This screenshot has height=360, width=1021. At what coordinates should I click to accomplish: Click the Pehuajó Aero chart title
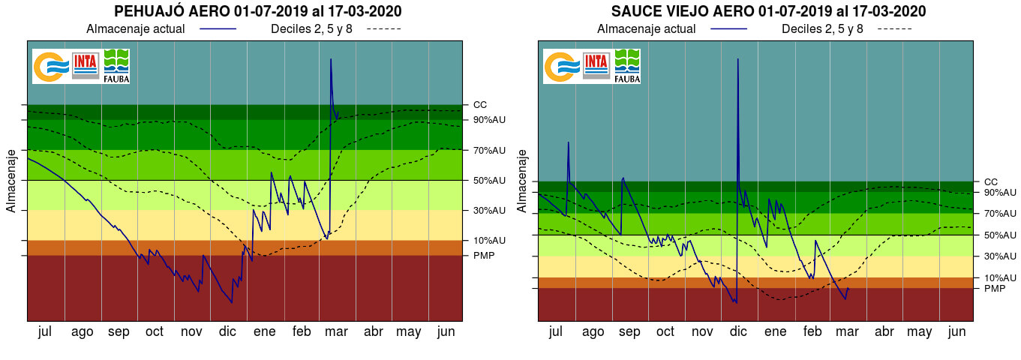[257, 11]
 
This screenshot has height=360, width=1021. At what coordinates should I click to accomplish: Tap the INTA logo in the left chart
[86, 65]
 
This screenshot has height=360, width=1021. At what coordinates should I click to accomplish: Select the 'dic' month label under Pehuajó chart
[228, 331]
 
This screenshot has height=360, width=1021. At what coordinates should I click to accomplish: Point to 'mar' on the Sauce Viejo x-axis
[847, 331]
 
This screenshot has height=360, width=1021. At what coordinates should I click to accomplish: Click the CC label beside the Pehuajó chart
[480, 105]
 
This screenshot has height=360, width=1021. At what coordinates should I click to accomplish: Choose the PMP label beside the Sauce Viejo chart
[994, 289]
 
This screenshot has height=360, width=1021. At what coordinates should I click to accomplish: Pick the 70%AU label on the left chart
[489, 150]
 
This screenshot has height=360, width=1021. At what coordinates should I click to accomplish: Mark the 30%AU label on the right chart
[1000, 256]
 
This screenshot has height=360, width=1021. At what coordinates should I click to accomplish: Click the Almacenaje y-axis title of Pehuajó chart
[11, 180]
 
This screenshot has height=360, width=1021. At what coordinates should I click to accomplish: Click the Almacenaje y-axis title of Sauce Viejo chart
[522, 180]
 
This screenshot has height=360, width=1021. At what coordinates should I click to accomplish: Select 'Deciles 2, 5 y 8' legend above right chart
[822, 29]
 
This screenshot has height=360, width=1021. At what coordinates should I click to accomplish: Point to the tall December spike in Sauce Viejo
[738, 60]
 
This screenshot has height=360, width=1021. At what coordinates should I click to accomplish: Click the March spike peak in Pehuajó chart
[331, 59]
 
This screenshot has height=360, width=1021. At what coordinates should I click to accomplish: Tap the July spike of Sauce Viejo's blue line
[569, 142]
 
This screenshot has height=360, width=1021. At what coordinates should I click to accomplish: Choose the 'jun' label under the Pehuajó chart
[446, 331]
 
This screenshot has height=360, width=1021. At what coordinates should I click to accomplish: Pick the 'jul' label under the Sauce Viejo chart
[555, 331]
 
